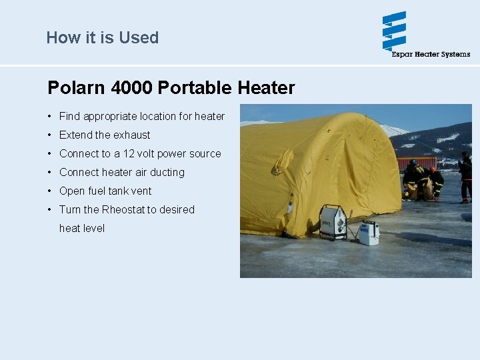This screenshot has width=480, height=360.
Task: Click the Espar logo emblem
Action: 394,31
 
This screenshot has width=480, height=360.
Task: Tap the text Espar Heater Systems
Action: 431,55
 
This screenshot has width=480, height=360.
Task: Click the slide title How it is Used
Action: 102,37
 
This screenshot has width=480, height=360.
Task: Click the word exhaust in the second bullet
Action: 132,135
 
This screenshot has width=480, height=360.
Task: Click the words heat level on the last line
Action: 82,228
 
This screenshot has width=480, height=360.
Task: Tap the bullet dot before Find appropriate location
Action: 50,117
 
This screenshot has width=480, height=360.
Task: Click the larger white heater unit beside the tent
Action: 332,222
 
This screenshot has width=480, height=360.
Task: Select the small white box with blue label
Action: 369,232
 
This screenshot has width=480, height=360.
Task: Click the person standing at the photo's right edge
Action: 465,176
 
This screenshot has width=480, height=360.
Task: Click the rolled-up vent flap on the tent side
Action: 283,161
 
